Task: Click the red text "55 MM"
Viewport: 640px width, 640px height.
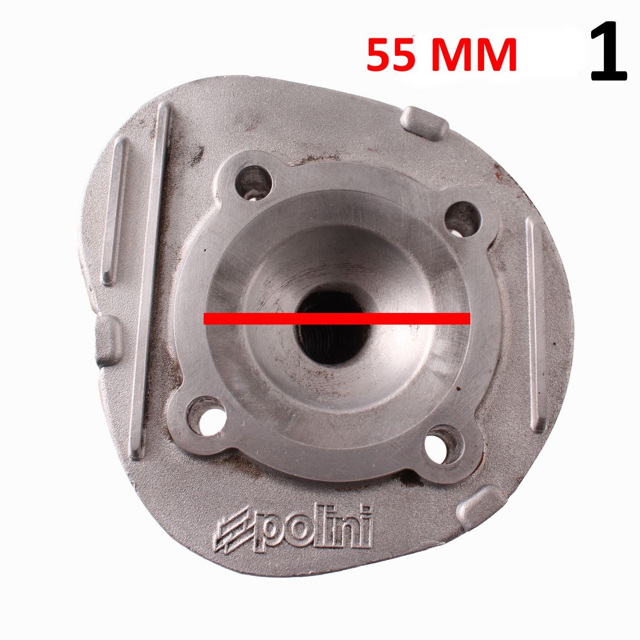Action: [442, 55]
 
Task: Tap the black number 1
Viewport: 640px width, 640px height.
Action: [609, 51]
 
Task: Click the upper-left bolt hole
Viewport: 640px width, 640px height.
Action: [254, 183]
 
